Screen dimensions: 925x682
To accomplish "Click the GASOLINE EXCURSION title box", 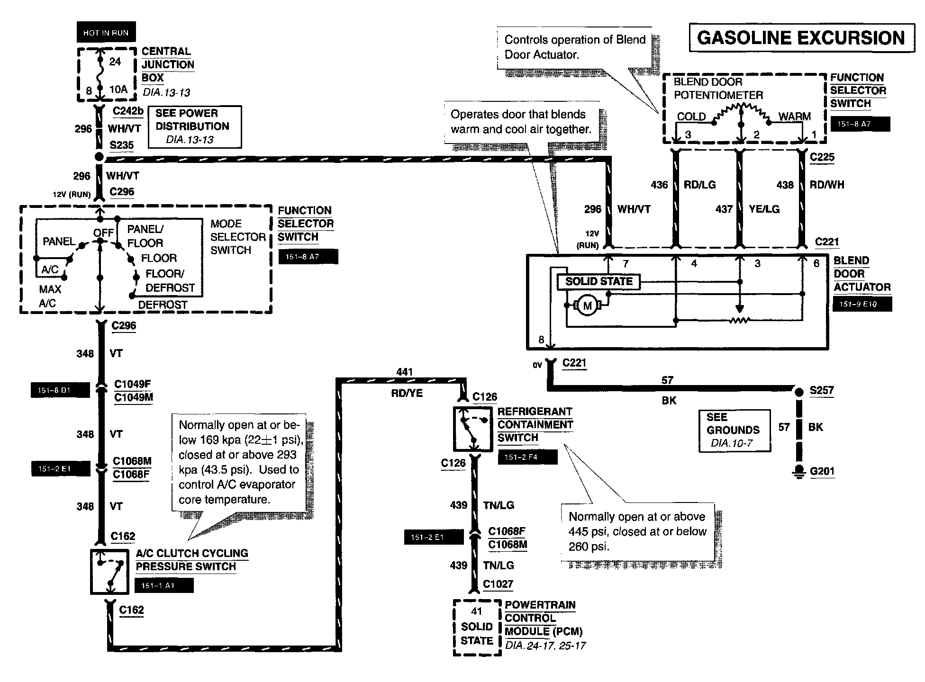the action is pos(801,38).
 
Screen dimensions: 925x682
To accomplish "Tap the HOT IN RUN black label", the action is pos(106,33).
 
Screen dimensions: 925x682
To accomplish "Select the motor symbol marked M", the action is pos(588,305).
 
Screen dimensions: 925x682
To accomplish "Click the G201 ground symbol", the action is pos(799,472).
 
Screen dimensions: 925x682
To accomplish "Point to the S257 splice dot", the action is pos(799,392).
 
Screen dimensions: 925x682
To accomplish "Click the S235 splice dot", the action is pos(99,157).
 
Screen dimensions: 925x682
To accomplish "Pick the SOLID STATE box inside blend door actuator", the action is pos(599,282).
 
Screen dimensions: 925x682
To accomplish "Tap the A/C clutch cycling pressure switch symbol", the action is pos(110,572).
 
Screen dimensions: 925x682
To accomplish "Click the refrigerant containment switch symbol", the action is pos(473,429).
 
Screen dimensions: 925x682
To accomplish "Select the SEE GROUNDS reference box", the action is pos(735,430).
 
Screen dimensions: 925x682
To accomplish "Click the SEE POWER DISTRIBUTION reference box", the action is pos(195,126).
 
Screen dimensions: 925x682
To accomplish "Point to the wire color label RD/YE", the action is pos(407,393).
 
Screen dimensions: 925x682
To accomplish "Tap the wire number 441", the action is pos(404,372).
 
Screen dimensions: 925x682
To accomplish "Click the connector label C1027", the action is pos(498,584).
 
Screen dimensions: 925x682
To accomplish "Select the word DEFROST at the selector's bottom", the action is pos(163,305).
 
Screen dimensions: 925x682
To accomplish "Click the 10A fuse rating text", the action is pos(118,89).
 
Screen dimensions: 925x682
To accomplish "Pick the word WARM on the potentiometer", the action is pos(795,117).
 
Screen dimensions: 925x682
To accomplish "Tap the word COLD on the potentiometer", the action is pos(691,117).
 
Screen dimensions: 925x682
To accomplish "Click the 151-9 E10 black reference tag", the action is pos(862,304).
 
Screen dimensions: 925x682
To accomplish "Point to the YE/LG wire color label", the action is pos(764,209).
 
